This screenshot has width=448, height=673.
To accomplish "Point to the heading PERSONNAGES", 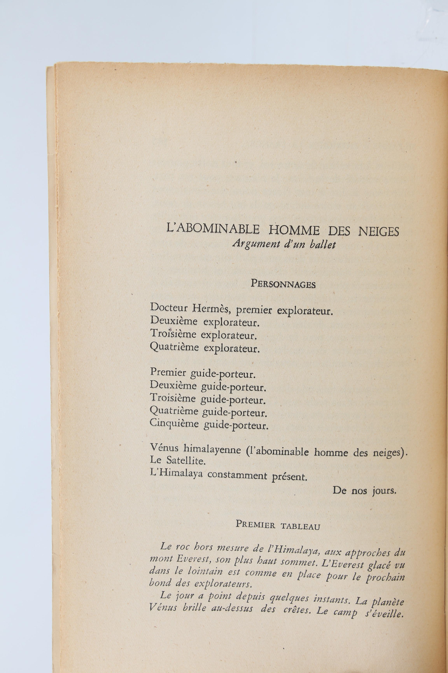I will coord(283,284).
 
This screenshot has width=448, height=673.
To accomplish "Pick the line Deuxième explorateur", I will coord(205,322).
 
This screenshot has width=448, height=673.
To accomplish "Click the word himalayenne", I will coord(212,449).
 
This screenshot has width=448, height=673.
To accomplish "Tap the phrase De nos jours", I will coord(364,491).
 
